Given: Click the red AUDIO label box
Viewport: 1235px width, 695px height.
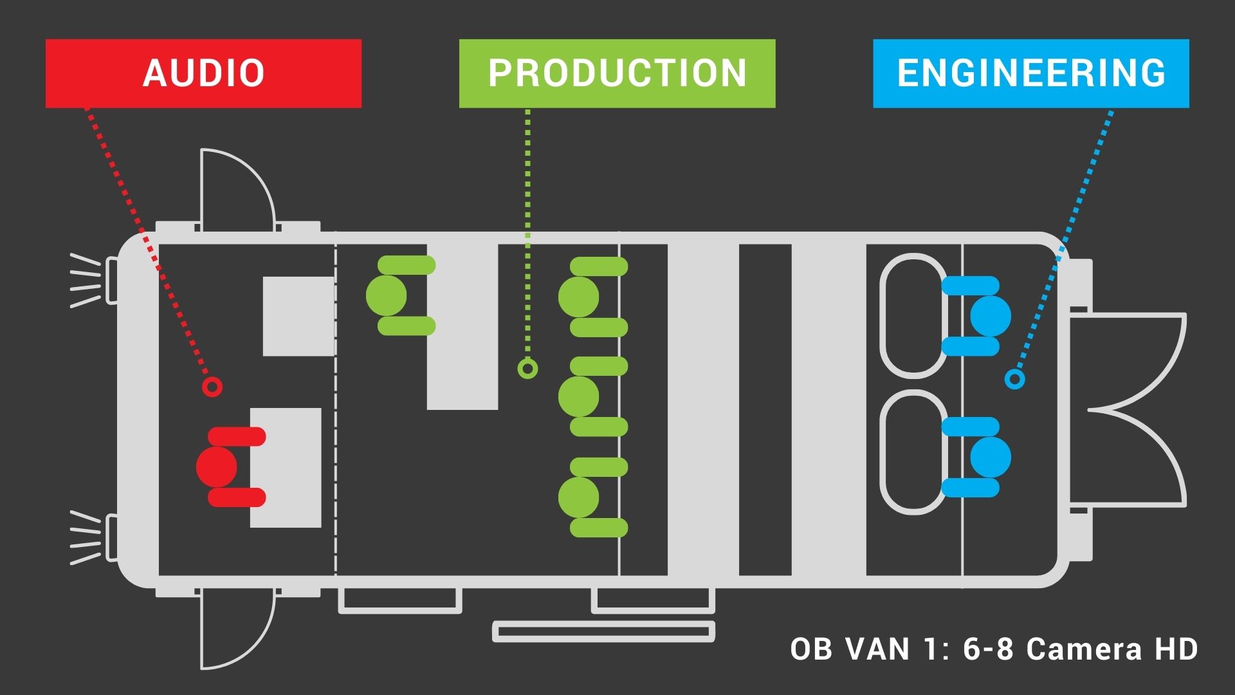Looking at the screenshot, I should coord(203,73).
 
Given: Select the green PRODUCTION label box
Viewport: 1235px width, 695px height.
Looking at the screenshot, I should coord(617,73).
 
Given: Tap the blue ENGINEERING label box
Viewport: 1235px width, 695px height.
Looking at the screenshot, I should coord(1030,73).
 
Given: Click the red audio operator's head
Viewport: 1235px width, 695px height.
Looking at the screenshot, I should coord(216,467).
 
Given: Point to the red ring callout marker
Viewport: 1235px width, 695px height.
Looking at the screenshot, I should coord(212,387).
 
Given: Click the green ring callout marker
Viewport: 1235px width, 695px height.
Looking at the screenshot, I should coord(527,369).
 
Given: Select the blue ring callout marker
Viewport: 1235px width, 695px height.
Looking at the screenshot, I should coord(1014,379).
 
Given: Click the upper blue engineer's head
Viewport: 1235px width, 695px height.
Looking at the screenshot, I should coord(991,316).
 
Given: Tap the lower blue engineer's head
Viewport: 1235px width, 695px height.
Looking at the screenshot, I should coord(991,457).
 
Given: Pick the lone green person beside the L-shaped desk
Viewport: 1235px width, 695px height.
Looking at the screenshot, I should coord(387,295).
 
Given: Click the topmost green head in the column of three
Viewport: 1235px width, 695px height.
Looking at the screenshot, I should coord(578,297).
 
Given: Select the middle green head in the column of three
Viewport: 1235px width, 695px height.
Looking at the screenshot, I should coord(578,396).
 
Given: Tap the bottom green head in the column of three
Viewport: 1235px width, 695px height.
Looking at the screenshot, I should coord(578,497).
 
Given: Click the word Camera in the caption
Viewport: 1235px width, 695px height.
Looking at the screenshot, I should coord(1084,649).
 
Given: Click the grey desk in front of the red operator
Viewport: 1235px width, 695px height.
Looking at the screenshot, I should coord(286,468).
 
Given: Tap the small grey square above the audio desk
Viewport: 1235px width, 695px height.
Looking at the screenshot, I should coord(298,316).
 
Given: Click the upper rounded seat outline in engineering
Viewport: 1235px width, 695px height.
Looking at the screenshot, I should coord(913,315).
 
